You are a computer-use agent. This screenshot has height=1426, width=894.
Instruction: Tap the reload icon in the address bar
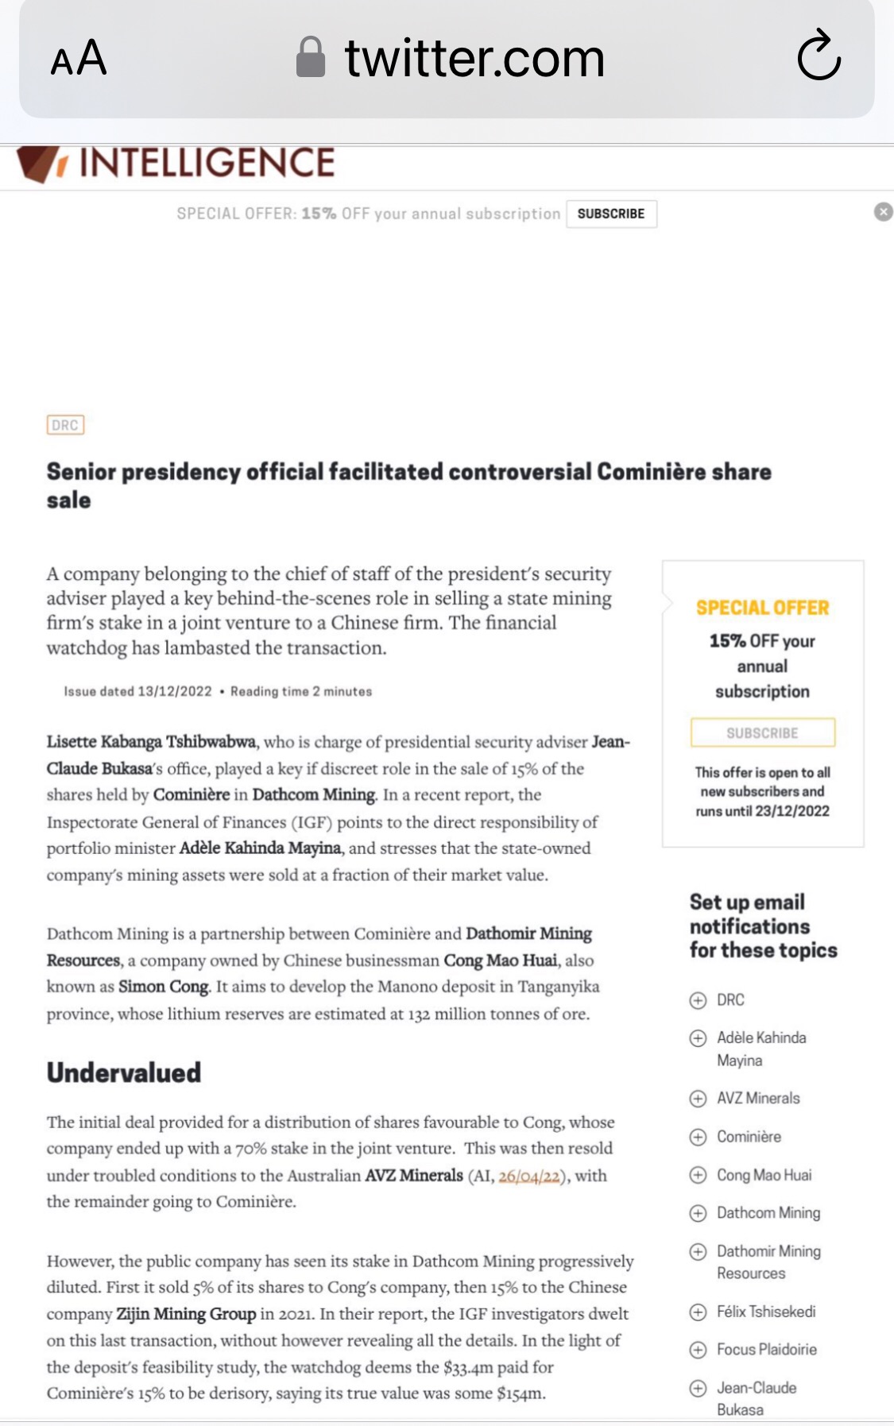(x=819, y=56)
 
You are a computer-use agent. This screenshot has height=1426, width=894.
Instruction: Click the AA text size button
(x=78, y=58)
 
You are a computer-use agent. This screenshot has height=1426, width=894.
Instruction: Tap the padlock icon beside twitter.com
(x=310, y=58)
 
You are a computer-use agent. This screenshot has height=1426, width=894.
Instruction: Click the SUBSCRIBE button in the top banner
(x=610, y=214)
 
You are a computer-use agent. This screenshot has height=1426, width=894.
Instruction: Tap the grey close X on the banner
(x=883, y=212)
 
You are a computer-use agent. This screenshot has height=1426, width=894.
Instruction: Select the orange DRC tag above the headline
(x=65, y=425)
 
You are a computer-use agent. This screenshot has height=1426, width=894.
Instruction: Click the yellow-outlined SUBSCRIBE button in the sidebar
(x=762, y=732)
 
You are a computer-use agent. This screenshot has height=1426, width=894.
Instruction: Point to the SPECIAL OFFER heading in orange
(x=762, y=608)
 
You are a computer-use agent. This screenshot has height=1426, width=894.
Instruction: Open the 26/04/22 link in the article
(x=529, y=1176)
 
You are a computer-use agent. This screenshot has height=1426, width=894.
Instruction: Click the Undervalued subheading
(x=124, y=1072)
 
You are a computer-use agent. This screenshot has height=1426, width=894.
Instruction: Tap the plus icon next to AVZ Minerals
(x=698, y=1099)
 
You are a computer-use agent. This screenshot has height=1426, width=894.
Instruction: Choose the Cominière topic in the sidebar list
(x=749, y=1137)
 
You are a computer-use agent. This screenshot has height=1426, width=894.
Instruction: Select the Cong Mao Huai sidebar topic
(x=764, y=1175)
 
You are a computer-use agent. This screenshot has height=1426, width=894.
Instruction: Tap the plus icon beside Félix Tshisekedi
(x=698, y=1312)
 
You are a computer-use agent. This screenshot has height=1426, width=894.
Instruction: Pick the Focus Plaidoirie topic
(x=766, y=1349)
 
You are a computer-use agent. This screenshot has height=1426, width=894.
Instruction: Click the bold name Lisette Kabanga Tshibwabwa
(x=151, y=742)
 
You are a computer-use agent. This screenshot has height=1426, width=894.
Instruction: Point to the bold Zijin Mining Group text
(x=186, y=1314)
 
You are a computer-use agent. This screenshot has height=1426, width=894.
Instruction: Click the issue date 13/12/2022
(x=175, y=691)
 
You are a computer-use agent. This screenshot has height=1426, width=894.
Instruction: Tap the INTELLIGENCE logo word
(x=207, y=163)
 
